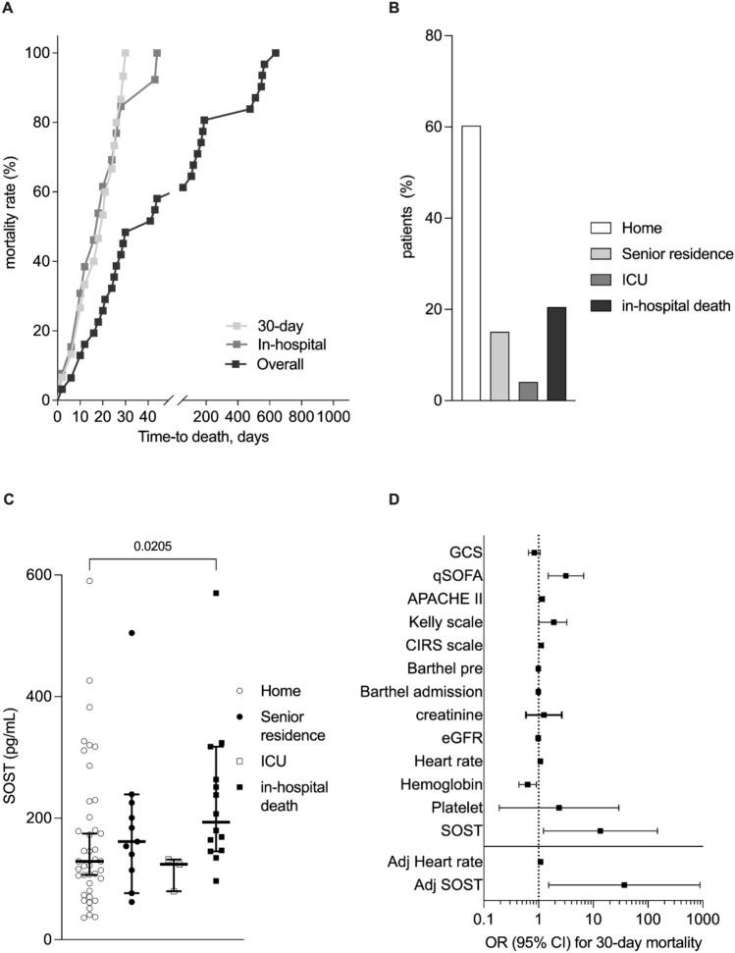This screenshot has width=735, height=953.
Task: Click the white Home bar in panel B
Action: click(x=471, y=263)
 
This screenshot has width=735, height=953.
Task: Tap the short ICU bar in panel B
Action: click(x=528, y=391)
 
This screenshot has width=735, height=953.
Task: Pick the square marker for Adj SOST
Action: click(x=624, y=884)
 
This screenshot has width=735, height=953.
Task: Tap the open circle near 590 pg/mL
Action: click(x=88, y=581)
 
